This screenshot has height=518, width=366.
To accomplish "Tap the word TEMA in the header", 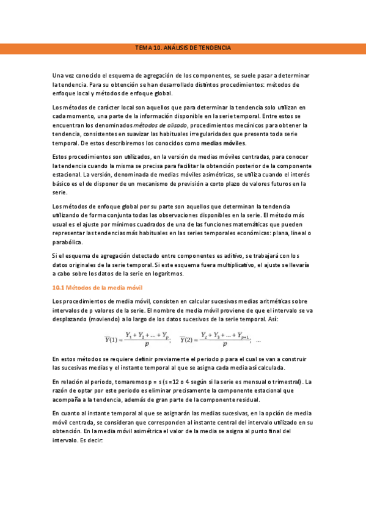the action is tap(142, 48).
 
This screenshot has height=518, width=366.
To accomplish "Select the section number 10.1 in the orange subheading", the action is tap(58, 287).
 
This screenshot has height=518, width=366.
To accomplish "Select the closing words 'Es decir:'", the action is tap(91, 440).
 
